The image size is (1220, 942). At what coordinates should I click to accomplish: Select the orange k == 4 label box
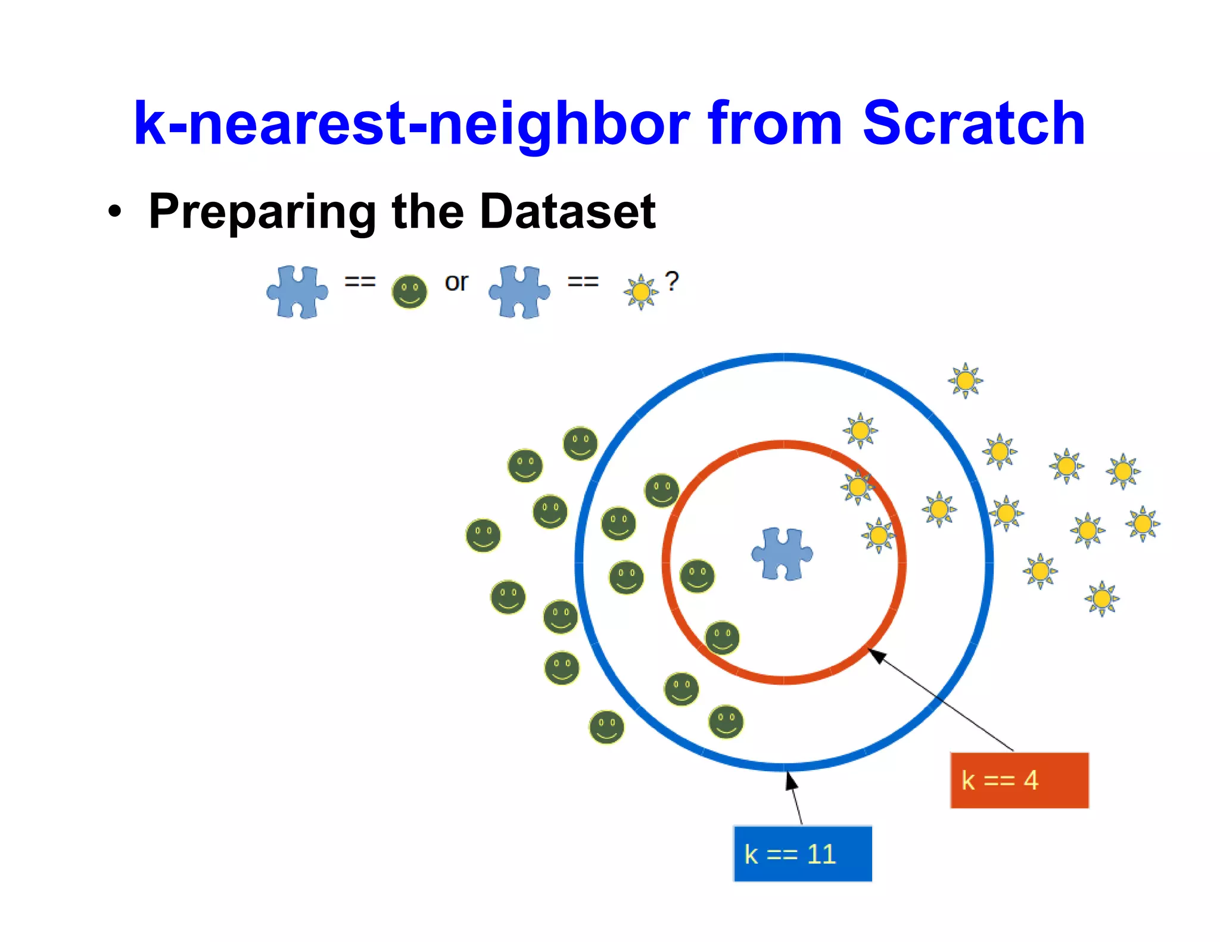pos(1019,780)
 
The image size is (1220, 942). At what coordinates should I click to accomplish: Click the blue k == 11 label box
pos(802,853)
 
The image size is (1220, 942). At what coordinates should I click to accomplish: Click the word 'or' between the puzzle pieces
pos(456,282)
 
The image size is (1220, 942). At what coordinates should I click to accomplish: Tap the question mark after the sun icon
pos(672,281)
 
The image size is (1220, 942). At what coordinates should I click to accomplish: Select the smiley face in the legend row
pos(409,292)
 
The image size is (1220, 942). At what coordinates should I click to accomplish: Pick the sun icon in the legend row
pos(640,292)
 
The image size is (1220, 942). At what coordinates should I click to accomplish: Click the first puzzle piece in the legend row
pos(297,292)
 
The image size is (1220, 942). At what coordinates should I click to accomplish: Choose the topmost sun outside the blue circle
pos(965,380)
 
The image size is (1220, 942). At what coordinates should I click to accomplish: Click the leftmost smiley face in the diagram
pos(483,535)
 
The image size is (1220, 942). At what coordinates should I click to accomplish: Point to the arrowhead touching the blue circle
pos(790,779)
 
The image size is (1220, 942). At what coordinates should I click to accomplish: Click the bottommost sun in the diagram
pos(1101,598)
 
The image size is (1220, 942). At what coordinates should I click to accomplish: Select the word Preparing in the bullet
pos(262,211)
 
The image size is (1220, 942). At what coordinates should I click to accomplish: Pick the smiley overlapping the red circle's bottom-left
pos(722,638)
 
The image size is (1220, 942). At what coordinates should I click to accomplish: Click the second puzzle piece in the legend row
pos(519,292)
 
